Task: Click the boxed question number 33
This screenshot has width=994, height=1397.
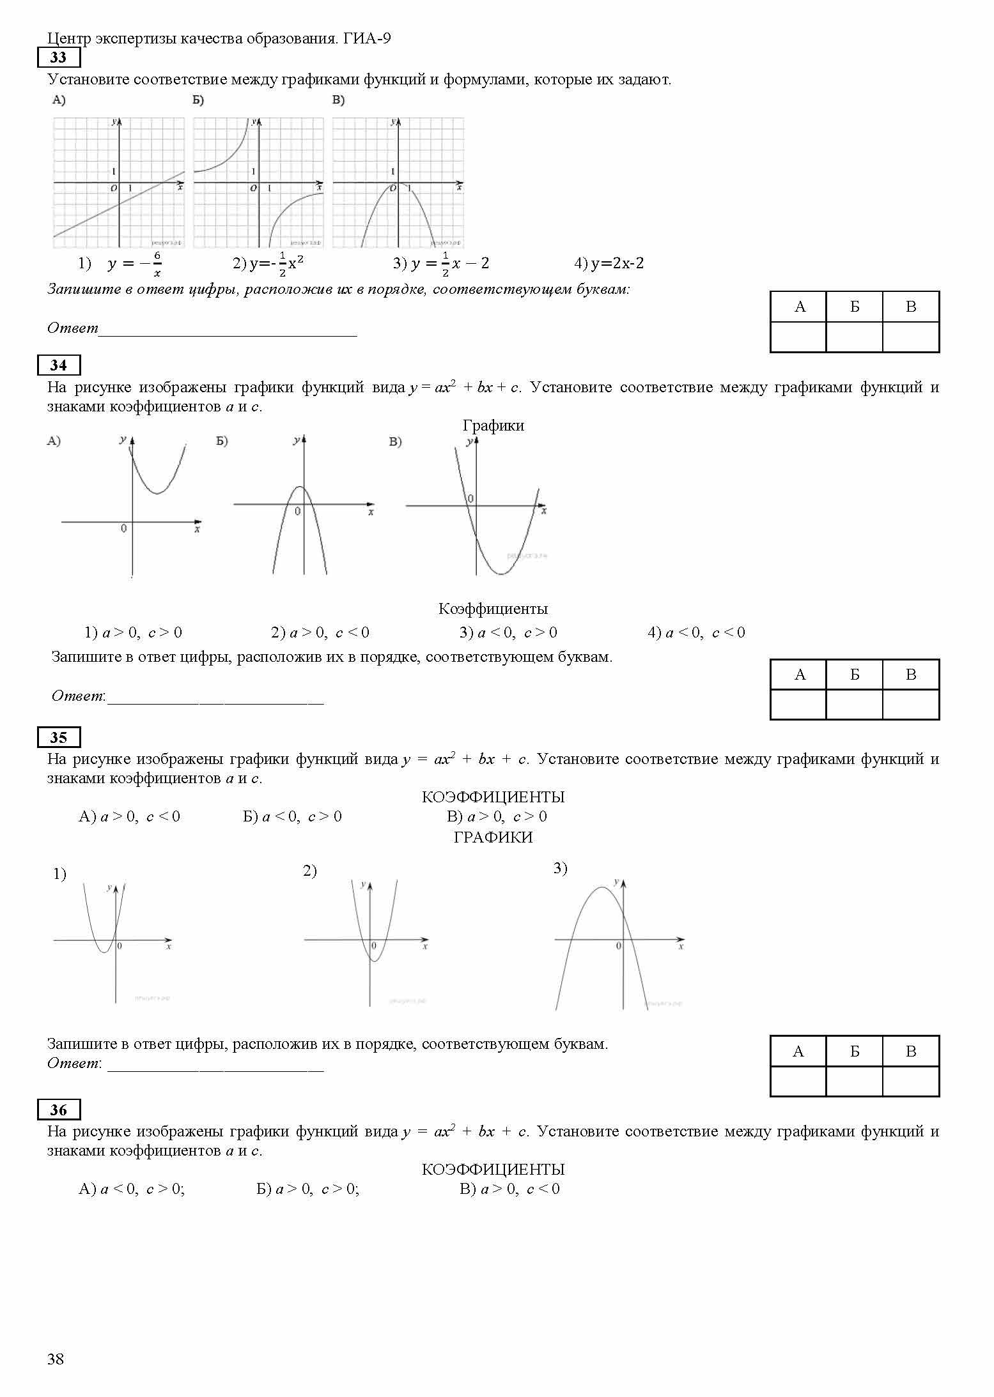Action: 58,57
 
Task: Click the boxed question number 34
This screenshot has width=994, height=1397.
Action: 58,365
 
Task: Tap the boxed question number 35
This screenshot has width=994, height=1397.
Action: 58,737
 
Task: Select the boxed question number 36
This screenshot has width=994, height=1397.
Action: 58,1110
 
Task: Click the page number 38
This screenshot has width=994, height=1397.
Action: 56,1359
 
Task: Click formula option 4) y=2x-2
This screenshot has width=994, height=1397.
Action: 609,263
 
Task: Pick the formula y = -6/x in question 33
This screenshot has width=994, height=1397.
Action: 134,264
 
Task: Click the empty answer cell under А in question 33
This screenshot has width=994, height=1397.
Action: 798,337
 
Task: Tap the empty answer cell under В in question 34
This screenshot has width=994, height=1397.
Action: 911,705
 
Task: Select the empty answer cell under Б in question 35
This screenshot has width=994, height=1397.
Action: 855,1081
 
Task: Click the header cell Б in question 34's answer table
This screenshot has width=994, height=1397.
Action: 855,675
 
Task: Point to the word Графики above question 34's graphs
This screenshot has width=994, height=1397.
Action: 493,425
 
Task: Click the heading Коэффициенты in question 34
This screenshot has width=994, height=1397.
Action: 493,609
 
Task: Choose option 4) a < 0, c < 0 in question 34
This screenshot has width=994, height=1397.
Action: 696,632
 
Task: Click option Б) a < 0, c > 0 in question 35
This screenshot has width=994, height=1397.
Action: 292,816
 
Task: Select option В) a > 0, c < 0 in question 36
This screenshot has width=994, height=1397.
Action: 509,1189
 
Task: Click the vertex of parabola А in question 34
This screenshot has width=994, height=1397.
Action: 157,493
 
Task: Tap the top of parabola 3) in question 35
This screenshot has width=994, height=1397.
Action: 602,887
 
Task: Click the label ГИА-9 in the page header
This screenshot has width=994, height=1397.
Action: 367,38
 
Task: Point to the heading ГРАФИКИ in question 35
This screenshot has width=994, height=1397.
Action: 493,837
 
